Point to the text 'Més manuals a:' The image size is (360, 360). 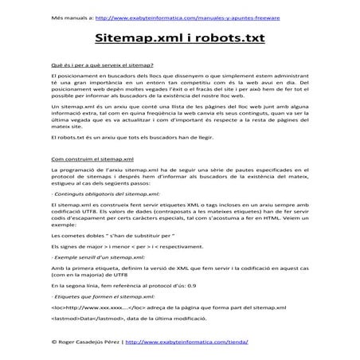click(x=68, y=16)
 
